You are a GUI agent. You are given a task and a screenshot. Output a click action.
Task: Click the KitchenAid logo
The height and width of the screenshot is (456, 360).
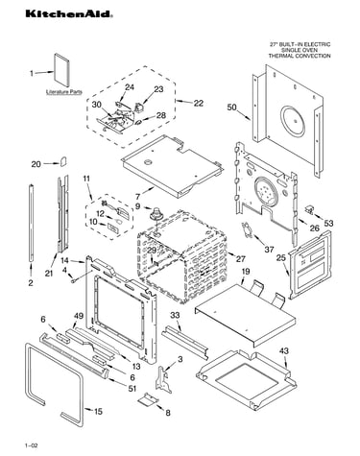pos(69,13)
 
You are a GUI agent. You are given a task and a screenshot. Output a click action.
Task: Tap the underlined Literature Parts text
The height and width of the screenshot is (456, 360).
pos(64,92)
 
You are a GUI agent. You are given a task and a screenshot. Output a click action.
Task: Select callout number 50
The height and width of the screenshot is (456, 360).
pos(232,108)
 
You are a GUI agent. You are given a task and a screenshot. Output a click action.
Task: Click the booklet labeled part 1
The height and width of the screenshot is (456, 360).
pos(61,70)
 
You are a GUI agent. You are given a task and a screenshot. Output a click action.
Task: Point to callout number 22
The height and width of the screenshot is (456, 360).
pos(199,103)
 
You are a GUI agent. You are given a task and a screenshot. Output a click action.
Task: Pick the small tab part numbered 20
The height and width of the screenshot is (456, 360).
pos(63,161)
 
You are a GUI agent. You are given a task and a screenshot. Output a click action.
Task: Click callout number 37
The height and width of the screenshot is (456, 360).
pos(269,250)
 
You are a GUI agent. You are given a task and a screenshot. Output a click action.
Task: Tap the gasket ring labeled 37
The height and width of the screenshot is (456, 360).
pos(248,230)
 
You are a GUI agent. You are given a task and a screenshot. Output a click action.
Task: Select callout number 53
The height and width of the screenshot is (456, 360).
pos(328,223)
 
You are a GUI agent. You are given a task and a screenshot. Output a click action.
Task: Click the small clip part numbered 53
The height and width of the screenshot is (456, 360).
pos(310,209)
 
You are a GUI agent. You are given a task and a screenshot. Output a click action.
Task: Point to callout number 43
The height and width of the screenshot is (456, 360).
pos(283,350)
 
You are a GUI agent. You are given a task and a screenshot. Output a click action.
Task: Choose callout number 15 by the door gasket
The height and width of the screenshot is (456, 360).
pos(98,411)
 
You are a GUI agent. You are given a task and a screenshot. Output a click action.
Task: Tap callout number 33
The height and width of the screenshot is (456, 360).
pos(175,315)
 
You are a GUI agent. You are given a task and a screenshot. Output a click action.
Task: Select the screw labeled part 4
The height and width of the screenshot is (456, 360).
pos(74,280)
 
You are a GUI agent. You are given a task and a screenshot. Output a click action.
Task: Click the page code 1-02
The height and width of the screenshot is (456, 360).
pos(32,445)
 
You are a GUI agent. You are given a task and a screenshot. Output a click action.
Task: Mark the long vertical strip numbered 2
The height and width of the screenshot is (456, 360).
pos(31,223)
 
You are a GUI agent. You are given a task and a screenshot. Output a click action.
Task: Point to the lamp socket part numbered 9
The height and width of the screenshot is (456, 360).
pos(156,214)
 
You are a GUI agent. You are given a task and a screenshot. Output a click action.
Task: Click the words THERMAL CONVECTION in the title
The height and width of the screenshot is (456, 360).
pos(300,56)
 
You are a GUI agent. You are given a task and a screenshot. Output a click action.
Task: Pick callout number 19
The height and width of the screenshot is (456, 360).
pos(246,272)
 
